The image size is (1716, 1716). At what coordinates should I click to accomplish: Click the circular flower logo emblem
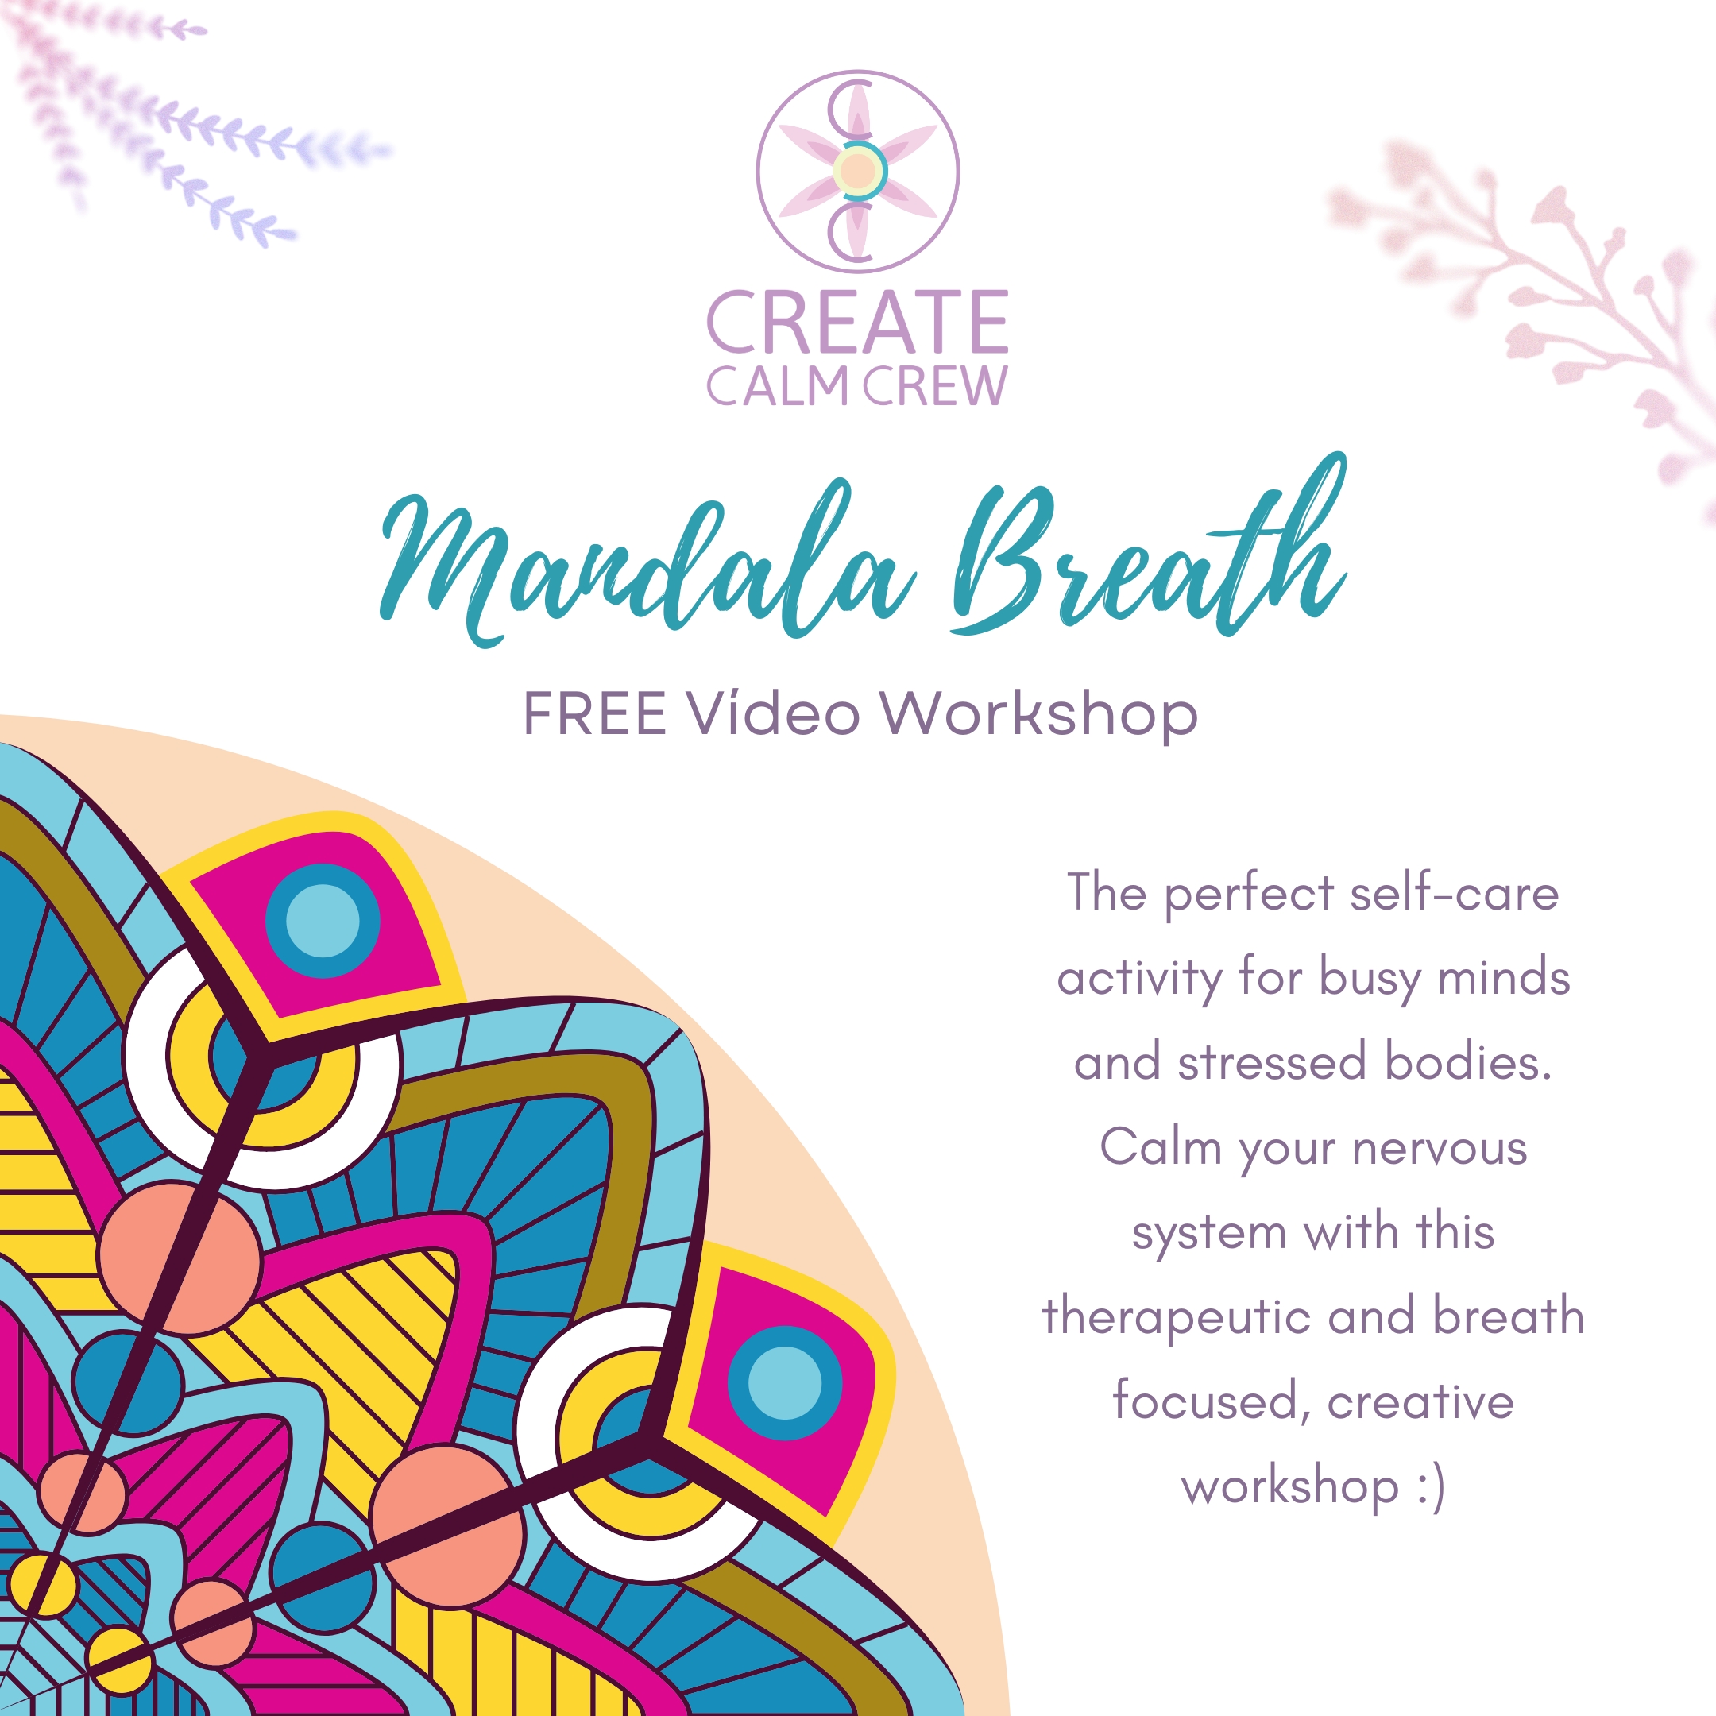tap(858, 172)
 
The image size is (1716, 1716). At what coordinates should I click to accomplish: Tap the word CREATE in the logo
tap(858, 322)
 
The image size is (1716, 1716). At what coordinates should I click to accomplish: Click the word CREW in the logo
tap(935, 386)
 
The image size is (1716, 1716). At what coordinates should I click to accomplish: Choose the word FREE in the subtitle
tap(594, 713)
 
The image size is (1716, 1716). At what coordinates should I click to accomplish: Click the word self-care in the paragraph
tap(1454, 893)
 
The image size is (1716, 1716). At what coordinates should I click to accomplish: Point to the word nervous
tap(1440, 1149)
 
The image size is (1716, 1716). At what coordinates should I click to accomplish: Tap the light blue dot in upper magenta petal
tap(323, 921)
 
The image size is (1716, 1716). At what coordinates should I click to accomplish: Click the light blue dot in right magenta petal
tap(785, 1383)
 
